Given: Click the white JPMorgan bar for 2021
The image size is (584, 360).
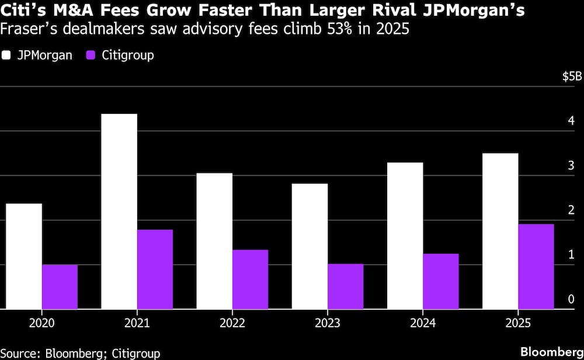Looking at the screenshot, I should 119,211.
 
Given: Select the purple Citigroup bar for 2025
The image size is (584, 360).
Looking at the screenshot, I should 536,266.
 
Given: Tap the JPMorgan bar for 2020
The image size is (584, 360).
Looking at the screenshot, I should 24,256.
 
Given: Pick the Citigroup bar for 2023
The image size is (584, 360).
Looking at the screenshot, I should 345,286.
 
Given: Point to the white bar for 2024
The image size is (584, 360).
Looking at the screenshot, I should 405,236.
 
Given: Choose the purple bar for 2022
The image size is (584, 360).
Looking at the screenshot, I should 250,279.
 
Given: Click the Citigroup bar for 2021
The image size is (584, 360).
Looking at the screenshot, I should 155,269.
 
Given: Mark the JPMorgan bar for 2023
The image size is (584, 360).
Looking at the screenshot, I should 310,246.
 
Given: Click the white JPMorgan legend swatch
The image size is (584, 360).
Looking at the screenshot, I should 7,56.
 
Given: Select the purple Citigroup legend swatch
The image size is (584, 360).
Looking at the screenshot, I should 91,56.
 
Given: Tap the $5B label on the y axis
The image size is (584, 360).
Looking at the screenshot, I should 572,77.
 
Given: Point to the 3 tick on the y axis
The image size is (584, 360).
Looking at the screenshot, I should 571,166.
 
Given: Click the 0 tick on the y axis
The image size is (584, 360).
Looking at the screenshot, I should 571,299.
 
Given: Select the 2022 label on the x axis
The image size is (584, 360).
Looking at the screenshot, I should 232,323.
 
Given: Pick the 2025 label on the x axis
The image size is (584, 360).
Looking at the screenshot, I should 518,323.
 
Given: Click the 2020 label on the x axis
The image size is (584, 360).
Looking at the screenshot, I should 42,323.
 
